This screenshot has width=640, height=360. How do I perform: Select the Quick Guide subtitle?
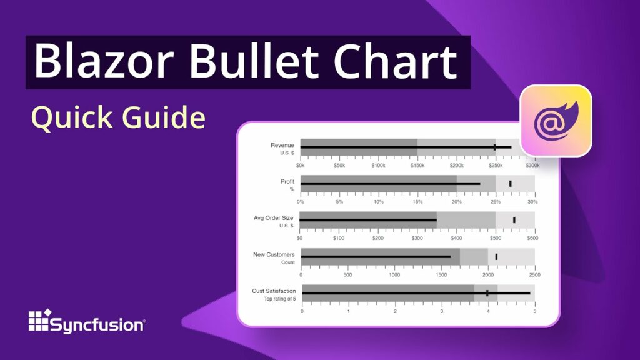(118, 117)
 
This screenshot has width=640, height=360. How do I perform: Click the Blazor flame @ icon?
(556, 120)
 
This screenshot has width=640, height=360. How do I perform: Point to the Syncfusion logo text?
(97, 325)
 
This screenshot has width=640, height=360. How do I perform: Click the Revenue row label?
(282, 145)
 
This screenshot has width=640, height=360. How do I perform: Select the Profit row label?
(287, 181)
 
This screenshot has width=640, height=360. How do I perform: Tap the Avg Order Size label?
(273, 217)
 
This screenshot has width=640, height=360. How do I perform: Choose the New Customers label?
(273, 254)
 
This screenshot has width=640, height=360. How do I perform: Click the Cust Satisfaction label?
(273, 291)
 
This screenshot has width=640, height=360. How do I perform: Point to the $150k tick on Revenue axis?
(417, 166)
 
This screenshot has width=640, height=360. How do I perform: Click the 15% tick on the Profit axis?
(417, 202)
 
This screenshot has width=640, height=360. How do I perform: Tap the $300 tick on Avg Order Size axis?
(417, 238)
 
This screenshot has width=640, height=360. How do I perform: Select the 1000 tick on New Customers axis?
(394, 275)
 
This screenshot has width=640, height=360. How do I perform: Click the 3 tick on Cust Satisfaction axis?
(441, 311)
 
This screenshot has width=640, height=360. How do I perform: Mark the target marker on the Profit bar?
(510, 183)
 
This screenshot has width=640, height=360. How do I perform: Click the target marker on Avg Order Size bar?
(514, 220)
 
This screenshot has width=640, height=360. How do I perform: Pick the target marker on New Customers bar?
(496, 256)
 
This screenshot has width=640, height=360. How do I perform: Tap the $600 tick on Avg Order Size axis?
(532, 238)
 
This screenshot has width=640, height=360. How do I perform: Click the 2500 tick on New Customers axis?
(534, 275)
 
